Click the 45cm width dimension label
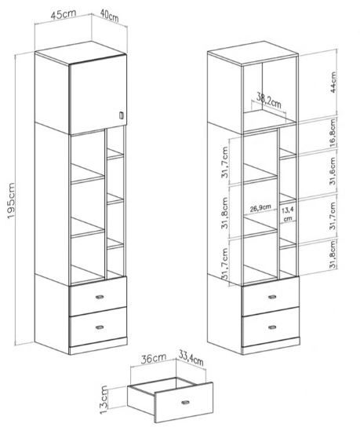tap(64, 14)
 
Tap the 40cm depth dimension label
tap(109, 16)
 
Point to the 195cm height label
tap(11, 201)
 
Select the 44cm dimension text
tap(333, 82)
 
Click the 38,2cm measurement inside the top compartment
tap(269, 101)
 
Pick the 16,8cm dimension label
tap(333, 133)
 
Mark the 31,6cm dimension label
tap(333, 171)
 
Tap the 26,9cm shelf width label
tap(260, 208)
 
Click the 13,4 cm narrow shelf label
tap(288, 214)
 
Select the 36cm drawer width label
tap(154, 359)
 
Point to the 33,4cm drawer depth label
tap(191, 358)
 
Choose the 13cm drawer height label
tap(104, 400)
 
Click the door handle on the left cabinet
tap(122, 115)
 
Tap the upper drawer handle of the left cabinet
tap(100, 297)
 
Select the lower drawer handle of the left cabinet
tap(100, 327)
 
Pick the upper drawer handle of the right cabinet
tap(272, 297)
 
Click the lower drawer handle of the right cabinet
tap(272, 327)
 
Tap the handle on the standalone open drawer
tap(186, 402)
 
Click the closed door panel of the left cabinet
tap(98, 95)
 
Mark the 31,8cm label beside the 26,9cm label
tap(225, 213)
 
